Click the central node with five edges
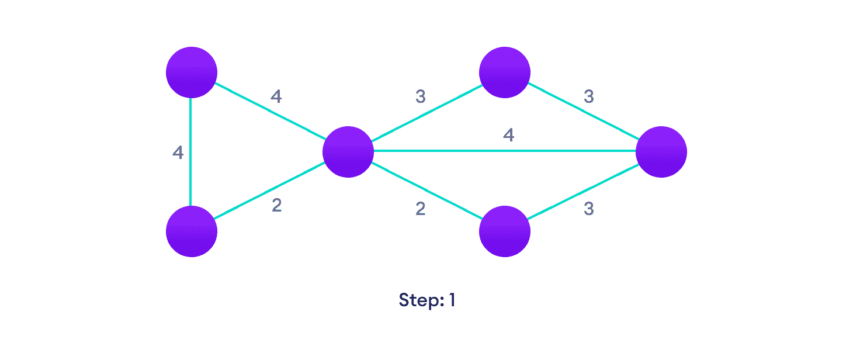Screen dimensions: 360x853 [348, 151]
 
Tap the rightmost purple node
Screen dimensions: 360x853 [661, 151]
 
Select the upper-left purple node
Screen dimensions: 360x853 [192, 72]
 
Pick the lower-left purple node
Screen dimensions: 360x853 [192, 231]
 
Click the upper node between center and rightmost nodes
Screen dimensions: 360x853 [504, 72]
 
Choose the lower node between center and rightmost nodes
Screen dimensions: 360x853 [504, 231]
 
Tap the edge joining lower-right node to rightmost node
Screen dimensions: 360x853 [582, 191]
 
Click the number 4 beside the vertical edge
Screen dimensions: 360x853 [178, 153]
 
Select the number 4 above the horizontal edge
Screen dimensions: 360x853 [508, 136]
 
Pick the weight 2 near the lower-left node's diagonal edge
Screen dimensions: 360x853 [276, 206]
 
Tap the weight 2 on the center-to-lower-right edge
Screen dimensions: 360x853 [420, 209]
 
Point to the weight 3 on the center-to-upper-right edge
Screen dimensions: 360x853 [420, 97]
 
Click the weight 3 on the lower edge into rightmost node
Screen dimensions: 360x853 [588, 209]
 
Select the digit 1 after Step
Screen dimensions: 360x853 [451, 300]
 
